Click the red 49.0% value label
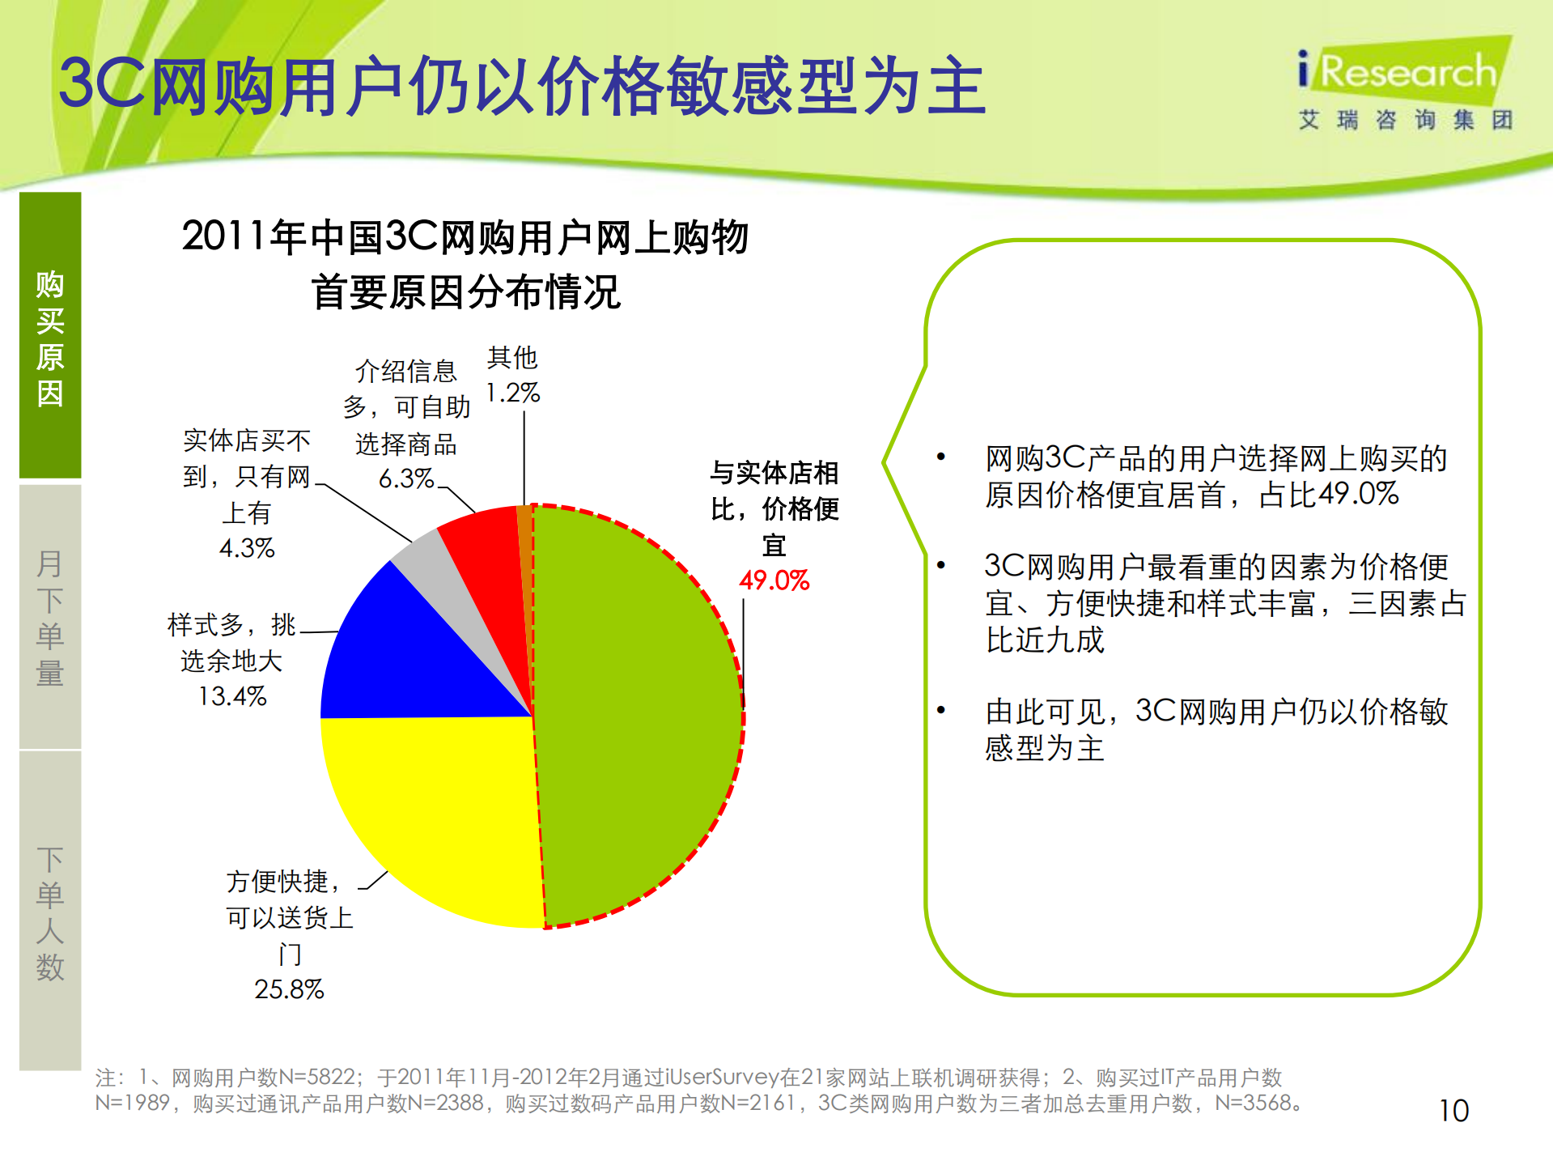[x=774, y=580]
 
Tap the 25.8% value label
[x=289, y=989]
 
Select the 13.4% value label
[x=232, y=696]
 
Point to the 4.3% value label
[x=247, y=548]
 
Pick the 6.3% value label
[x=406, y=478]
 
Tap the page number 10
[x=1453, y=1110]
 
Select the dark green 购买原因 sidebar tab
[x=50, y=336]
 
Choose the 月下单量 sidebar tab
[x=50, y=617]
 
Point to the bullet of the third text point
[x=940, y=710]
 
